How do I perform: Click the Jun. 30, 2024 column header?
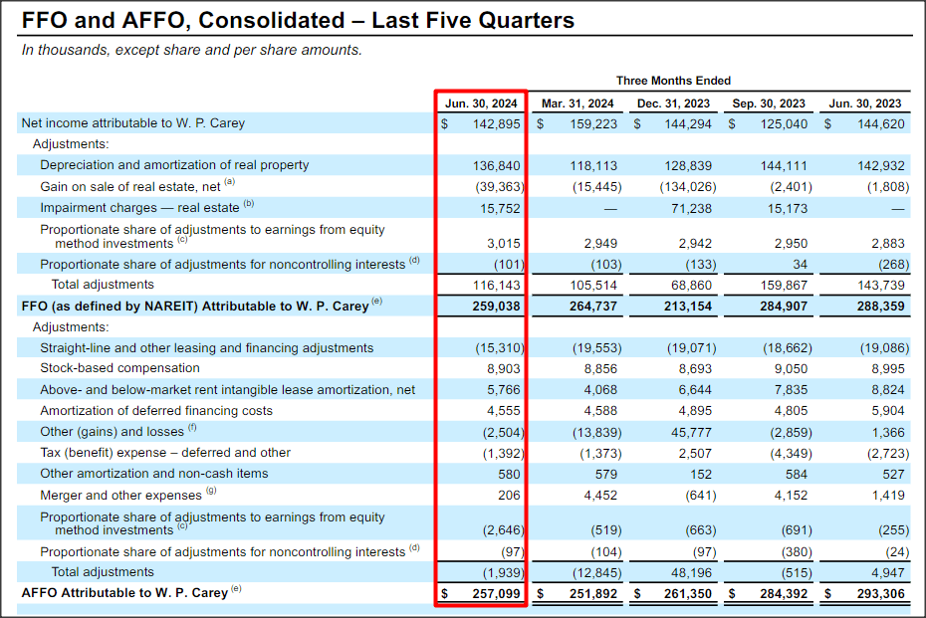pos(481,103)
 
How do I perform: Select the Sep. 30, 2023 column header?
pos(770,103)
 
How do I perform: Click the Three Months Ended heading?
pos(673,81)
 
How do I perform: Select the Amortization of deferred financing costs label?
pos(155,411)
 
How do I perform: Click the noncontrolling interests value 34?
pos(803,265)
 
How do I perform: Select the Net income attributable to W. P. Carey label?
pos(132,123)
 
